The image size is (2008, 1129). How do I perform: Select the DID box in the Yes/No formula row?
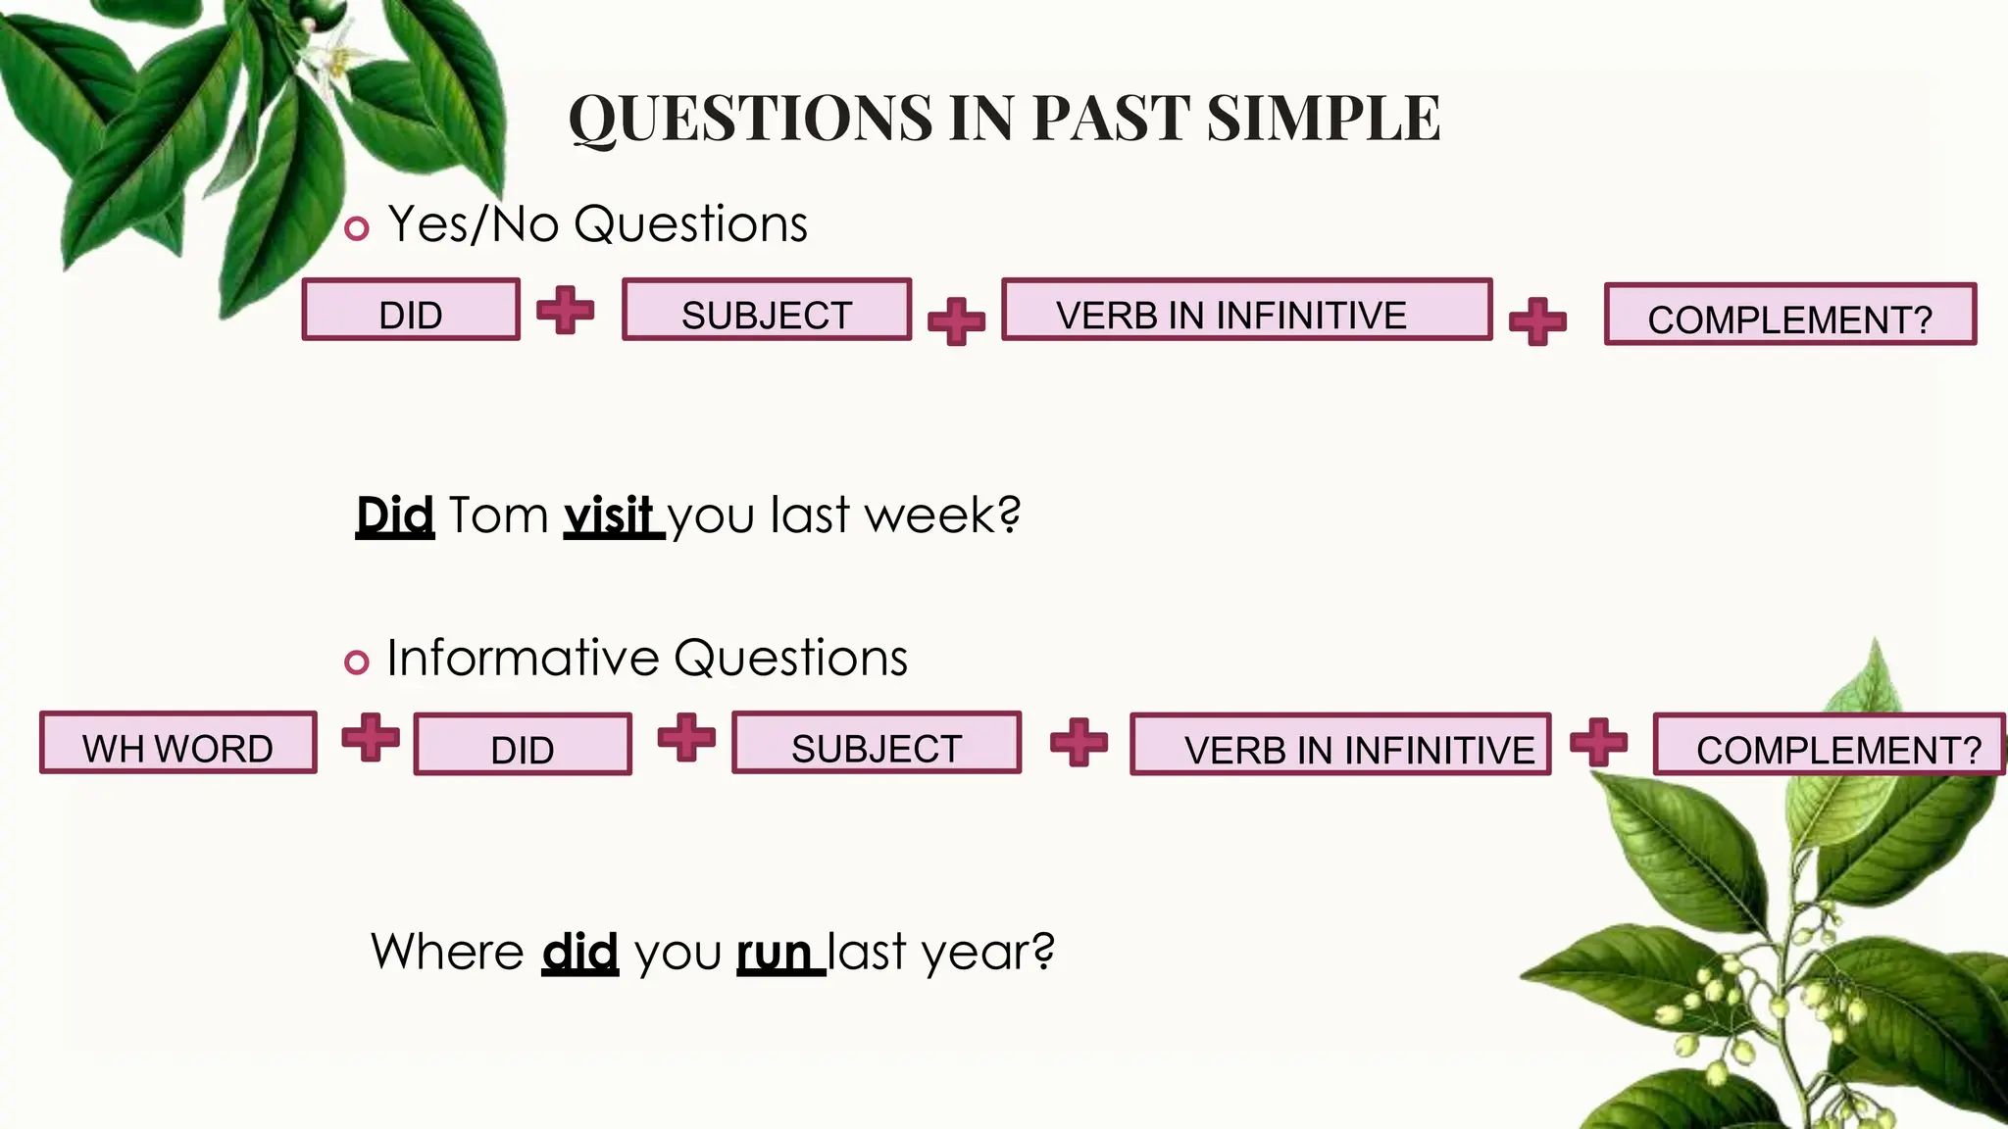pos(411,311)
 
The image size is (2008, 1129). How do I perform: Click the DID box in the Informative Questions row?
pos(523,746)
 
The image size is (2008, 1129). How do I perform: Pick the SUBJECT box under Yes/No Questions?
pos(767,311)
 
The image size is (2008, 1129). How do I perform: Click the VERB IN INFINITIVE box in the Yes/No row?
pos(1246,311)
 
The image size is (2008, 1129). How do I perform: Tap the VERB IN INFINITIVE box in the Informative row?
pos(1340,746)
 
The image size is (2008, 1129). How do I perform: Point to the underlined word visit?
pos(610,515)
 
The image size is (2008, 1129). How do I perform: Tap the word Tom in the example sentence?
pos(498,515)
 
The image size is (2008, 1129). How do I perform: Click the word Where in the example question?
pos(448,953)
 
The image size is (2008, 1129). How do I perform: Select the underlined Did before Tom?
pos(394,515)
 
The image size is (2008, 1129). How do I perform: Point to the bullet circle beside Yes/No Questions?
pos(357,229)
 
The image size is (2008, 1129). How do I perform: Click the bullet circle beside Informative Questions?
pos(357,663)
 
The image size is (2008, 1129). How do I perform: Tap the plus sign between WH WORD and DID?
pos(371,737)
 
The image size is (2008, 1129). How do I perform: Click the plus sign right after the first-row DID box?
pos(566,311)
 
